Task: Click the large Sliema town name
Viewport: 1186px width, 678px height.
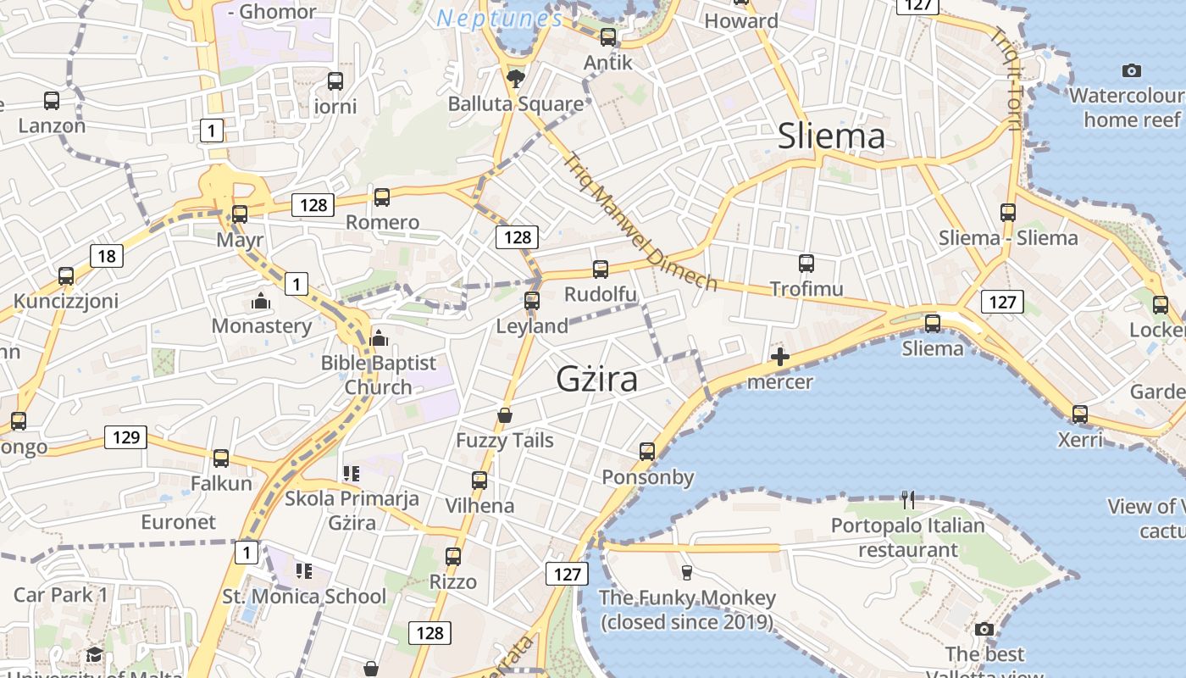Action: pos(831,136)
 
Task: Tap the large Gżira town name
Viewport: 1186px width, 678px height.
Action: pos(596,380)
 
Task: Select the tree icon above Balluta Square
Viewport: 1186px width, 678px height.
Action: pos(515,80)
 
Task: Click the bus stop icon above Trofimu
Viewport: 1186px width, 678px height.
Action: pos(806,264)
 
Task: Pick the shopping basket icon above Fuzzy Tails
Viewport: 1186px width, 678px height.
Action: pos(505,415)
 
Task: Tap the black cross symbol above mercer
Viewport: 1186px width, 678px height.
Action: pos(780,357)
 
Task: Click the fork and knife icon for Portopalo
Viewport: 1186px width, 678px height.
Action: pos(908,499)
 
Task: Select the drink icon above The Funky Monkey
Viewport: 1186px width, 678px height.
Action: pos(687,573)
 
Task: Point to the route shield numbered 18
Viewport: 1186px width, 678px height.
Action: pos(106,256)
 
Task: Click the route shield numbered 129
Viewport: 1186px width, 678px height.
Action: pos(125,437)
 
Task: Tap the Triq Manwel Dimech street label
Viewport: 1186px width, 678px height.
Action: pos(641,221)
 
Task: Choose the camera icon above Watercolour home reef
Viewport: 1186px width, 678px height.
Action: pos(1131,70)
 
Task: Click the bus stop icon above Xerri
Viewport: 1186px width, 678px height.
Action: pos(1080,414)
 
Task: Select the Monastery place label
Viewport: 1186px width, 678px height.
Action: pos(262,326)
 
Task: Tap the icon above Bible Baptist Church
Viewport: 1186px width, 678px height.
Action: pos(379,338)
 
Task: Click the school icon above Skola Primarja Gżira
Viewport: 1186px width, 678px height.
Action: pos(352,473)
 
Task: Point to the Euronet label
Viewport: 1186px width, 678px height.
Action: pos(179,522)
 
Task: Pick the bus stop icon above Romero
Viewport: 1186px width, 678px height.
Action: pos(382,197)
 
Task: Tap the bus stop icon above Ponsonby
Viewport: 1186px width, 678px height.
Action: pos(647,452)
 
